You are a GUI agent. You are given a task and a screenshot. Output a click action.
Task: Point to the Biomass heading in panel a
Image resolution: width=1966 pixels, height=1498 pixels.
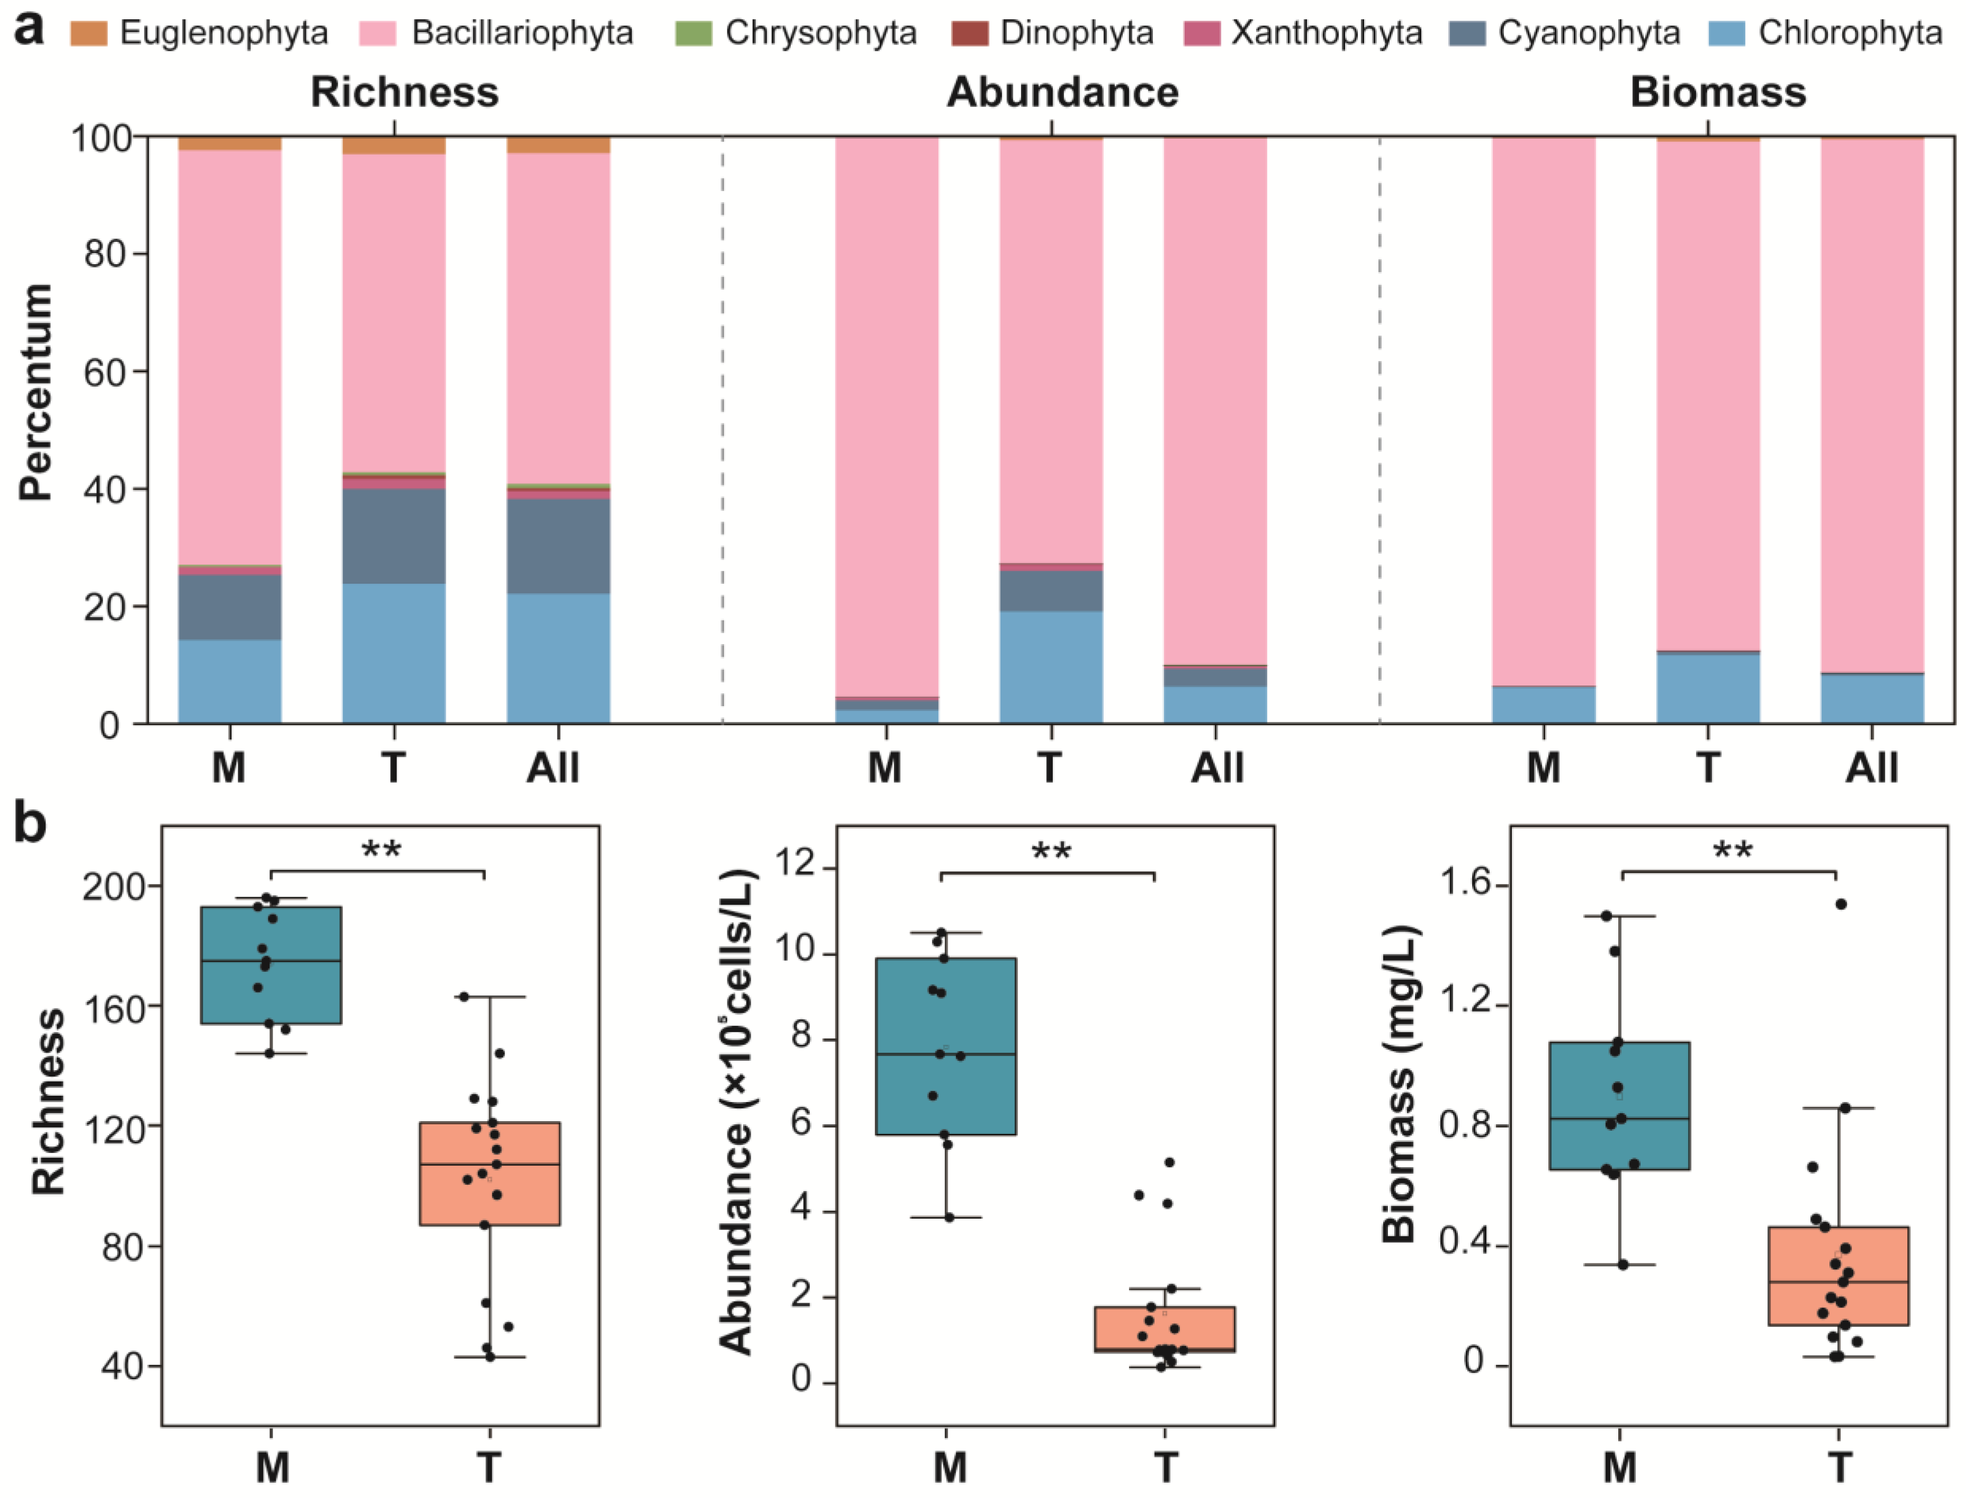click(x=1717, y=93)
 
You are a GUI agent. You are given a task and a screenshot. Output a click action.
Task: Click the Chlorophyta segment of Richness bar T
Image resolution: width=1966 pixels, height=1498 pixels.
click(x=394, y=653)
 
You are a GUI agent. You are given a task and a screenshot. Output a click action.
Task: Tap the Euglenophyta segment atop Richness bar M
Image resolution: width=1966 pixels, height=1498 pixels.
click(x=230, y=143)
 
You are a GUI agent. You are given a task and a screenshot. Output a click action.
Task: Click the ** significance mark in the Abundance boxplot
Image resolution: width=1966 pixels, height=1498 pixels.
click(x=1051, y=852)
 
